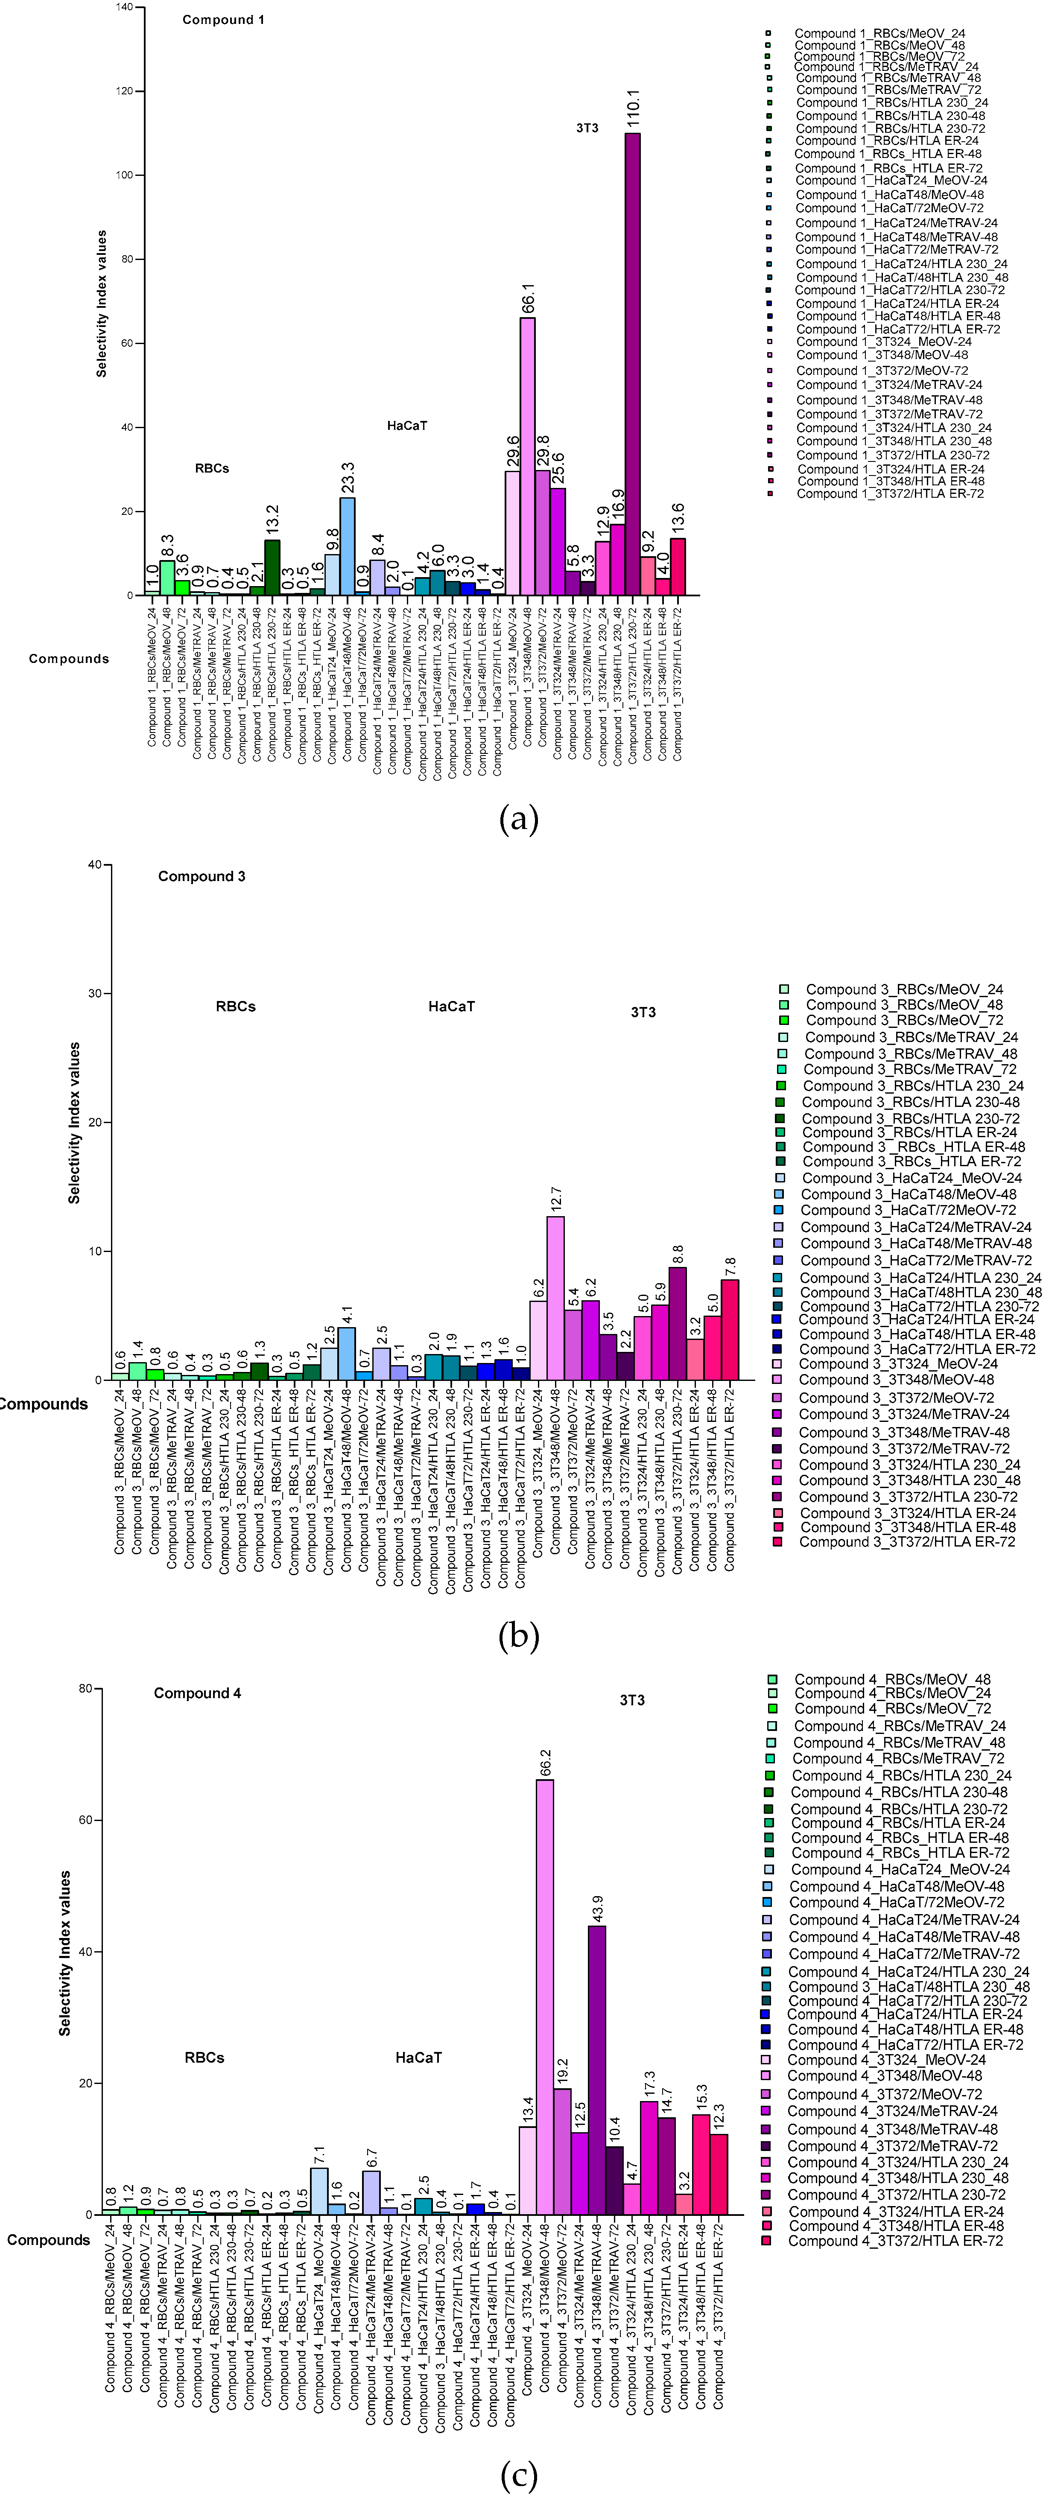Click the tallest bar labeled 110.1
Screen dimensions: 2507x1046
coord(632,365)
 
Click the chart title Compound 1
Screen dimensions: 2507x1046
coord(223,20)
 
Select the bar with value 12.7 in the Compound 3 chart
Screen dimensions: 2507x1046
coord(555,1298)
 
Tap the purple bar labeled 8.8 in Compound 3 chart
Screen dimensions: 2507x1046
coord(677,1324)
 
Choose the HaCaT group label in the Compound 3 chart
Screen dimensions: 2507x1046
coord(451,1006)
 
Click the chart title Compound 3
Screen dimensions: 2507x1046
coord(202,876)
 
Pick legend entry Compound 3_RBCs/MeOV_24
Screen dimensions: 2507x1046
coord(903,989)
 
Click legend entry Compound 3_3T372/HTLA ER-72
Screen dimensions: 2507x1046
coord(907,1541)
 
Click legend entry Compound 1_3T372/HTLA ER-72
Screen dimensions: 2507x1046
coord(889,493)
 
